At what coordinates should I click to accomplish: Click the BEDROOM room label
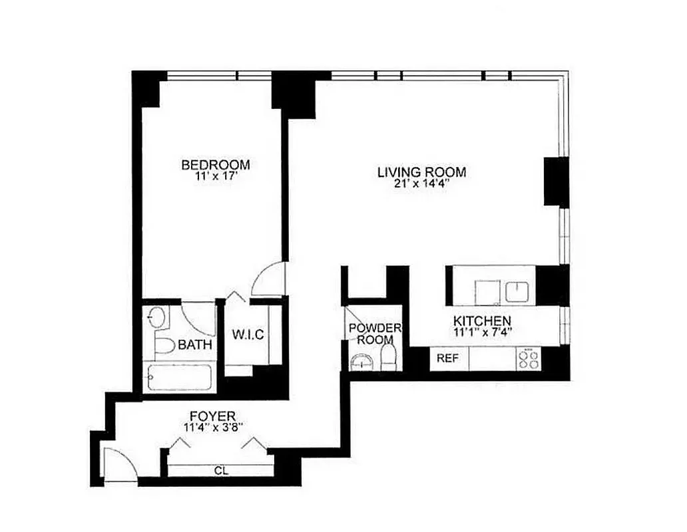coord(216,165)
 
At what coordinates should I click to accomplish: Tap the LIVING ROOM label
coord(421,172)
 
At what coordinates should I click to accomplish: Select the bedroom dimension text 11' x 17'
coord(216,178)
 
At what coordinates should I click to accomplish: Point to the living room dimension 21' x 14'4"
coord(421,185)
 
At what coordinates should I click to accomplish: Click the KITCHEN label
coord(483,321)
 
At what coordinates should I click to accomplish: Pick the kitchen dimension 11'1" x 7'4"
coord(483,332)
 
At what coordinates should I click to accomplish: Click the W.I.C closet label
coord(247,334)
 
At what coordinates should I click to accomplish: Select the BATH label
coord(195,345)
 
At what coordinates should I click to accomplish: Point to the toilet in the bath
coord(162,344)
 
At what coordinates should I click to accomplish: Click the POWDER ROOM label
coord(375,333)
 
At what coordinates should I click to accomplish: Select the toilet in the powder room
coord(390,359)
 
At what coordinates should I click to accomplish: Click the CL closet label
coord(221,471)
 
